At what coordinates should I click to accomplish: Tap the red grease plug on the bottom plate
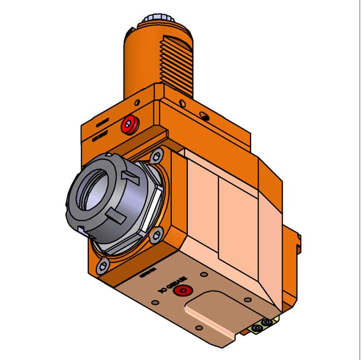[x=182, y=291]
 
